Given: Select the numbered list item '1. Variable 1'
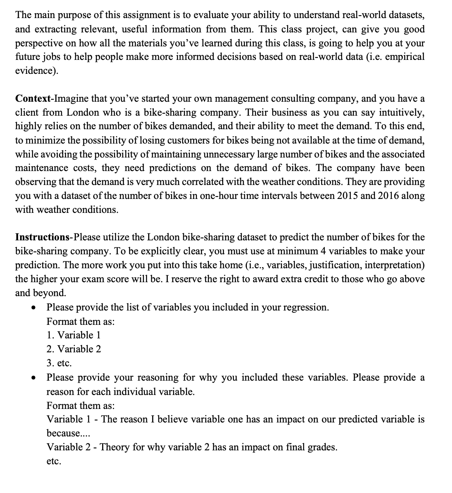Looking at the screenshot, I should (x=73, y=335).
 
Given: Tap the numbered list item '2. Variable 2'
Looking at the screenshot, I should (x=74, y=349).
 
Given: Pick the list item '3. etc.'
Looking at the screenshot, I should (x=59, y=363).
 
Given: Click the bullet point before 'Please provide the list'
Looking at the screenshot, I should (x=34, y=308).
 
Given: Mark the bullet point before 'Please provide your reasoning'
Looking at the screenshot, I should (x=34, y=378).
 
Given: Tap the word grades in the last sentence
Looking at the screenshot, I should (x=323, y=447).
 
